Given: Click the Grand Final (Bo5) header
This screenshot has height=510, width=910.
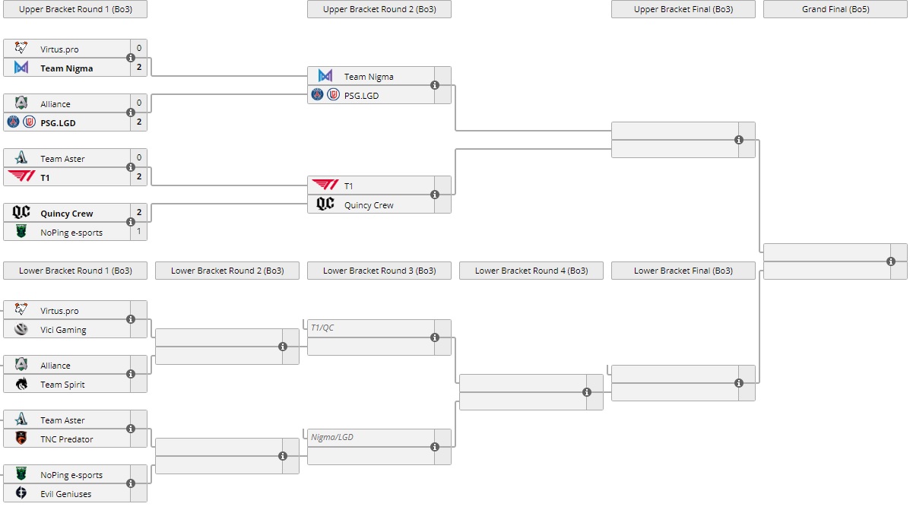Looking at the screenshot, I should (835, 9).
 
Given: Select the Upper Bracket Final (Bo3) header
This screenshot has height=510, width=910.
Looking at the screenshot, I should (683, 9).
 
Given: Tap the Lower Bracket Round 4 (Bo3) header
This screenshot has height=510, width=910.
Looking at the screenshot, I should (531, 271).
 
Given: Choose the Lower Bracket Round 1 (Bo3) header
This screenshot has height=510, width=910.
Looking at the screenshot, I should (75, 271).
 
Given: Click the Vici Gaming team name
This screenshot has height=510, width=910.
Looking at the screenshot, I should (63, 330).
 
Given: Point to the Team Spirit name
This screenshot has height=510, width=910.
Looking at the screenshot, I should (62, 385).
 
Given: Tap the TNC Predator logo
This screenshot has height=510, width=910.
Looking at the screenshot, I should (21, 439).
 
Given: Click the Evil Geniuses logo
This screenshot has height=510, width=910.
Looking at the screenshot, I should (21, 493).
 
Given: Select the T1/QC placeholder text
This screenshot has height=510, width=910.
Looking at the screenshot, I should (323, 328).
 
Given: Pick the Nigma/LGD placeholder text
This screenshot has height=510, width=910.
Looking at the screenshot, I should (332, 437).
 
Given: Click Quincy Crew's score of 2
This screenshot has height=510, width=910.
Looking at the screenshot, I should (138, 213).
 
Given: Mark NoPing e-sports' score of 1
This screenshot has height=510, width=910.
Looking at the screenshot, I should (138, 231).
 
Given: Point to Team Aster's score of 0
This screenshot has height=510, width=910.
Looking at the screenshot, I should (138, 158).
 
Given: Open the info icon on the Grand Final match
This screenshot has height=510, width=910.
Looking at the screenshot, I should (891, 261).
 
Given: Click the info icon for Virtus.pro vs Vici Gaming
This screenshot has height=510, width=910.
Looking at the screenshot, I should (131, 319).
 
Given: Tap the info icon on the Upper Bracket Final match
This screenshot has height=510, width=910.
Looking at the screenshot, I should (739, 140).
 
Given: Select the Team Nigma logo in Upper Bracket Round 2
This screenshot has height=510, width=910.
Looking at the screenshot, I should (325, 76).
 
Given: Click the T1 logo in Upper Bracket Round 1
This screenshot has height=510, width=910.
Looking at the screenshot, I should (21, 177).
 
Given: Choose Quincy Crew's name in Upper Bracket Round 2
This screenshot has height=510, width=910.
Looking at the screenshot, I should (369, 205).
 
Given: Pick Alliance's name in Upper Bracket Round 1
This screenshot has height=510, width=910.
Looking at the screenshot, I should (55, 104).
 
